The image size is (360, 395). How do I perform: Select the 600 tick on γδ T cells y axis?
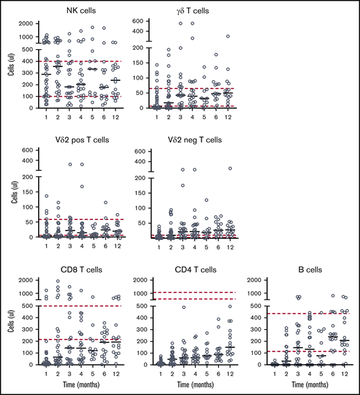pos(146,22)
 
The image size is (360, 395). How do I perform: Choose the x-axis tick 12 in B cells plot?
pos(340,371)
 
